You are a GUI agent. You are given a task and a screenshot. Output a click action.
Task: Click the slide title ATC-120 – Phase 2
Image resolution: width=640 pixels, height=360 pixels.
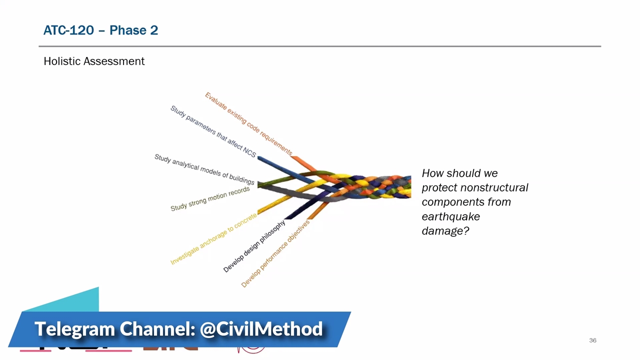[x=100, y=30]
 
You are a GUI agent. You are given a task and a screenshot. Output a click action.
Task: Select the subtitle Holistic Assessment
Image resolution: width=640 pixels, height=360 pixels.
[x=94, y=61]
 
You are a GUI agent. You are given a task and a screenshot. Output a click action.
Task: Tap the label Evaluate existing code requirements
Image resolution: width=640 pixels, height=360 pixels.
[x=248, y=123]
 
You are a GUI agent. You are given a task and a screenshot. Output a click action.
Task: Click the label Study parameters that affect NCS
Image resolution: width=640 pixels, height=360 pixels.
[x=213, y=131]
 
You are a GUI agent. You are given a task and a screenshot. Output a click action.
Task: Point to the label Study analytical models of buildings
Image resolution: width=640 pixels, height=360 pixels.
[x=204, y=169]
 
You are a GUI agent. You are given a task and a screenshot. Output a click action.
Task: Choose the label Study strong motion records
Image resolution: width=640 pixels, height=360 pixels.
[x=210, y=199]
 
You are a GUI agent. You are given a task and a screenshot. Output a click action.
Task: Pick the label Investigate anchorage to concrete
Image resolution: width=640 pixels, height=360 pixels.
[x=213, y=239]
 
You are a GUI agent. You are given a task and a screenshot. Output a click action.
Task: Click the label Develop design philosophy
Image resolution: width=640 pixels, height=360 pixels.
[x=254, y=246]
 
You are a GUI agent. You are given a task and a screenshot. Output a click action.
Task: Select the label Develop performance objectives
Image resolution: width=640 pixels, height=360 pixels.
[x=275, y=253]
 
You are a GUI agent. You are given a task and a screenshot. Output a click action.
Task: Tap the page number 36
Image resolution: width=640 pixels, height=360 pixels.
[x=592, y=340]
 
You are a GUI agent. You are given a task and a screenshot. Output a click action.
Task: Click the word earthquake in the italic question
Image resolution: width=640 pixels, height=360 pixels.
[x=451, y=216]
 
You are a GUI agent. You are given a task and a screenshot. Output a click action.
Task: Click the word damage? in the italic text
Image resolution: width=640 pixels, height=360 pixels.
[x=445, y=230]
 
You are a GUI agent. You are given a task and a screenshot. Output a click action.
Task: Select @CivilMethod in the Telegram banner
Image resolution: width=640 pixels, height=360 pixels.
[x=261, y=329]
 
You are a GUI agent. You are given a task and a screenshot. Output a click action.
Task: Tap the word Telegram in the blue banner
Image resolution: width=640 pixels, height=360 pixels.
[x=74, y=329]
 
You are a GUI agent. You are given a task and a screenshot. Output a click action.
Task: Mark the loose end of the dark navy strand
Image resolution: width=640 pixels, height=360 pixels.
[x=288, y=218]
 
